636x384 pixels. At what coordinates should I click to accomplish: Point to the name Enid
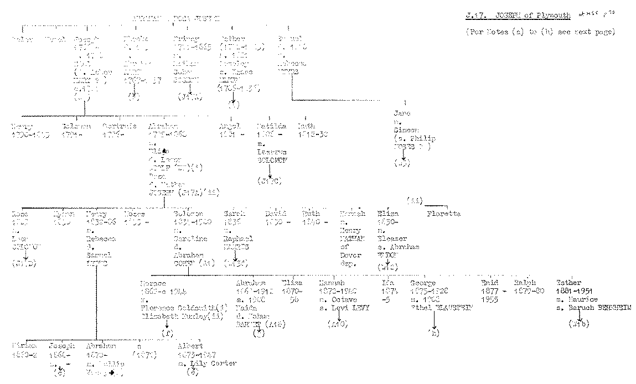(489, 282)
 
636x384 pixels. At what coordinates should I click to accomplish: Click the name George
(423, 282)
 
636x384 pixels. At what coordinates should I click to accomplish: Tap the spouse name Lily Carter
(218, 363)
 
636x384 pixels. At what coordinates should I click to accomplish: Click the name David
(275, 214)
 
